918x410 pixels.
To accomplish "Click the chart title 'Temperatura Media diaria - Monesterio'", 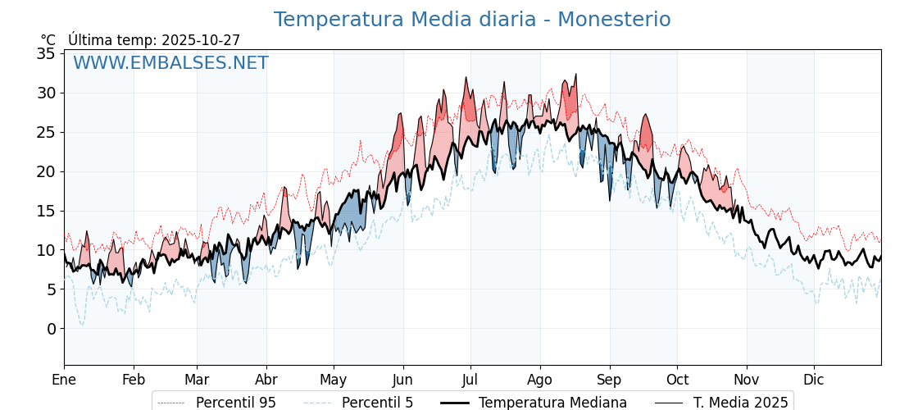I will pyautogui.click(x=471, y=20).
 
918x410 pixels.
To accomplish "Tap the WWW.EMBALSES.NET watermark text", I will pyautogui.click(x=170, y=63).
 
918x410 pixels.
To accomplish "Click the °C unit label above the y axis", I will pyautogui.click(x=48, y=40).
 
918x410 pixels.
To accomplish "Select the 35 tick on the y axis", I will pyautogui.click(x=46, y=54).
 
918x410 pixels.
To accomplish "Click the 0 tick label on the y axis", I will pyautogui.click(x=51, y=329).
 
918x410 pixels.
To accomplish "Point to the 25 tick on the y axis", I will pyautogui.click(x=46, y=132).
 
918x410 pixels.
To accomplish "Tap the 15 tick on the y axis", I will pyautogui.click(x=46, y=211).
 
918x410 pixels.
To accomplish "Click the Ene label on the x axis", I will pyautogui.click(x=64, y=380).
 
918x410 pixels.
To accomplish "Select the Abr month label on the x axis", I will pyautogui.click(x=266, y=380).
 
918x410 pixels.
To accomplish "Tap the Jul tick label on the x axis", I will pyautogui.click(x=470, y=380).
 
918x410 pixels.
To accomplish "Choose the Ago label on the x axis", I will pyautogui.click(x=540, y=380).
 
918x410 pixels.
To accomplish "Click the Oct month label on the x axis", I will pyautogui.click(x=677, y=380).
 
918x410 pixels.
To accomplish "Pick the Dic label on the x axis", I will pyautogui.click(x=814, y=380).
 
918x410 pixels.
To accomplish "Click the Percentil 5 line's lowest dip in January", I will pyautogui.click(x=82, y=325).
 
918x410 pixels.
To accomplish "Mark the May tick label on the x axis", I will pyautogui.click(x=334, y=380).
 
